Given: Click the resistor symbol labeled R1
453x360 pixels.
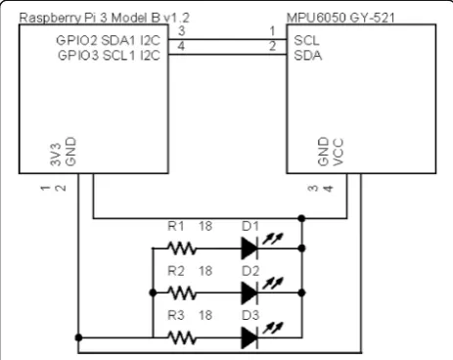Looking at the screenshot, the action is pyautogui.click(x=182, y=248).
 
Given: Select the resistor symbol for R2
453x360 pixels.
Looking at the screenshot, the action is pyautogui.click(x=182, y=292).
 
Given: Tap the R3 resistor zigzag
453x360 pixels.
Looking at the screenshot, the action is pyautogui.click(x=182, y=337).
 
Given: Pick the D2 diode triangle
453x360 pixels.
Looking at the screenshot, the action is pyautogui.click(x=249, y=292).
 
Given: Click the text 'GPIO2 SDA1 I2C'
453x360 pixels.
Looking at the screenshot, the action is pyautogui.click(x=109, y=40).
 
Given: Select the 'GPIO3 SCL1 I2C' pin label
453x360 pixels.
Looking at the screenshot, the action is pyautogui.click(x=109, y=56).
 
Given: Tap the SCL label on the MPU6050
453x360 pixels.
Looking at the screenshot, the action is pyautogui.click(x=306, y=40).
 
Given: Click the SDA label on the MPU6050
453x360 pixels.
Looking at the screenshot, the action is pyautogui.click(x=308, y=56).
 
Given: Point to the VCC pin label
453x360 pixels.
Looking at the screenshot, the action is pyautogui.click(x=338, y=153).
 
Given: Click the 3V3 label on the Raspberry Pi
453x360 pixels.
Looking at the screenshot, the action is pyautogui.click(x=56, y=154).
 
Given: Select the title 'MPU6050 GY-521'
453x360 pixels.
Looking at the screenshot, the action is pyautogui.click(x=340, y=18).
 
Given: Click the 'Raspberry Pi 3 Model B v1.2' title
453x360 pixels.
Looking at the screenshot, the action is pyautogui.click(x=105, y=18).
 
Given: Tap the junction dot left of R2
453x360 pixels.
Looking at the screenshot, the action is pyautogui.click(x=153, y=292).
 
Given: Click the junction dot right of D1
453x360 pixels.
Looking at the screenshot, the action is pyautogui.click(x=301, y=248).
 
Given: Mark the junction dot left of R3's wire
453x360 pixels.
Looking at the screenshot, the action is pyautogui.click(x=78, y=337).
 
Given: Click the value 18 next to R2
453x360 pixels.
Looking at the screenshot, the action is pyautogui.click(x=205, y=271).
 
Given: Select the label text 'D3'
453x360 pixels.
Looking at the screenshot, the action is pyautogui.click(x=250, y=315).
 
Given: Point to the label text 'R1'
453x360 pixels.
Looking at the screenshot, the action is pyautogui.click(x=176, y=226).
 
